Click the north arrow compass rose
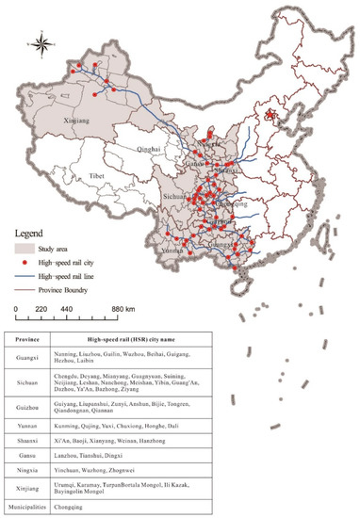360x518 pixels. tap(42, 42)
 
